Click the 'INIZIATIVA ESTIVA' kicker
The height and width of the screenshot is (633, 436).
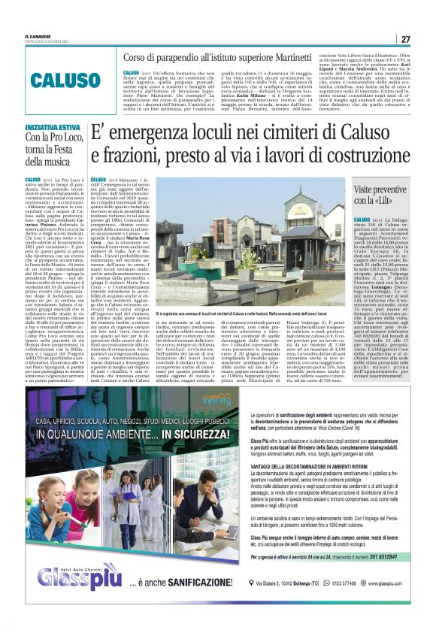(50, 128)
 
